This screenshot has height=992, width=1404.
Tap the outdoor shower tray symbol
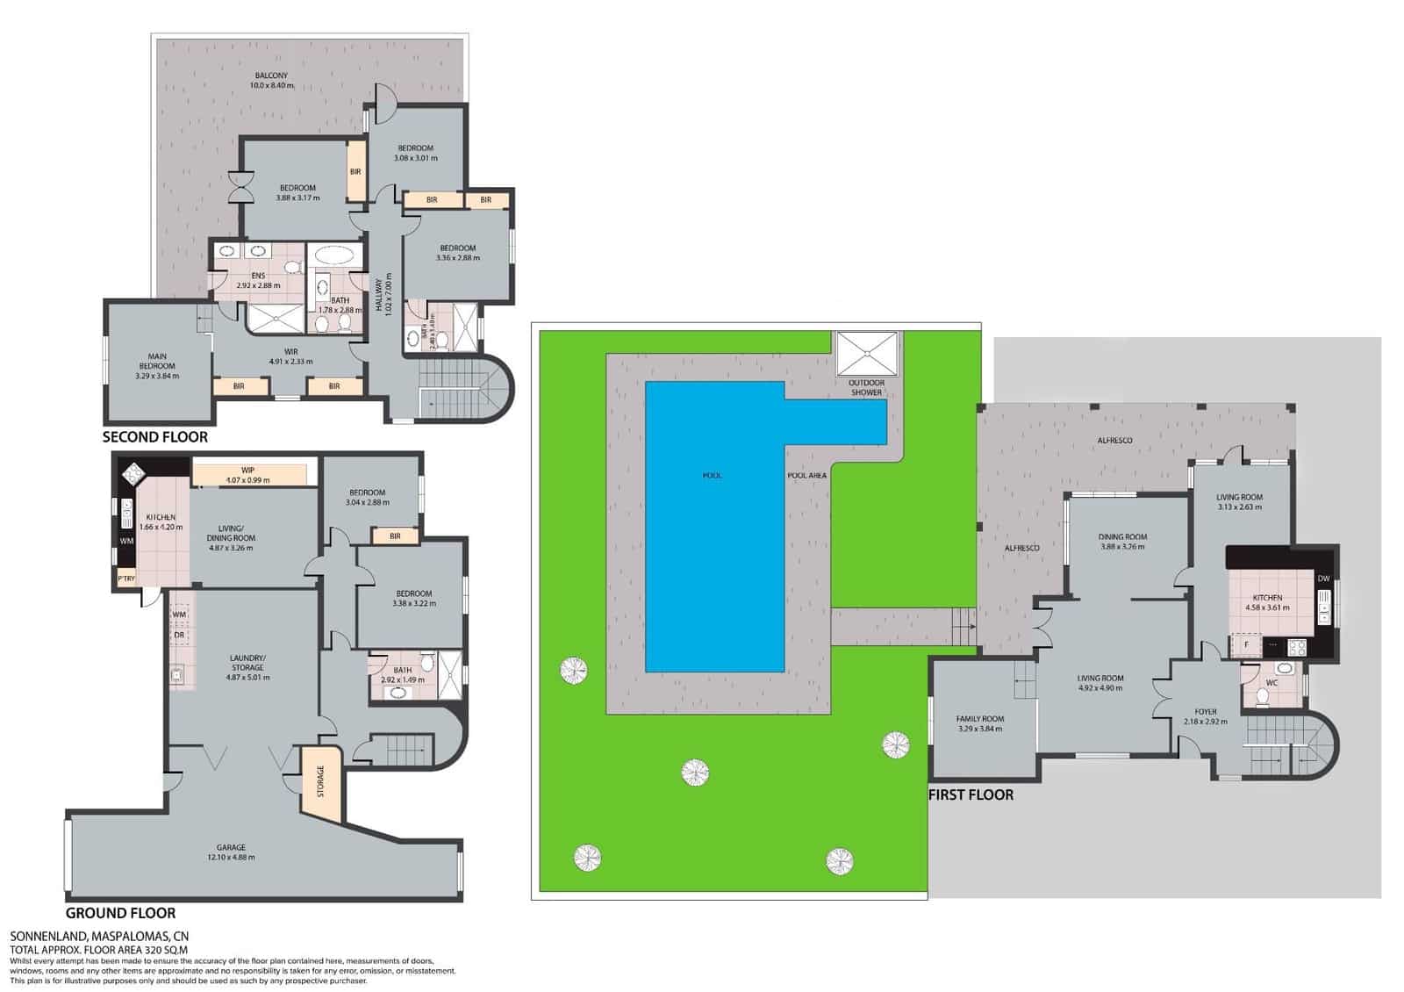point(867,354)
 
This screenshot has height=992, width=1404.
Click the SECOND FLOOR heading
point(155,436)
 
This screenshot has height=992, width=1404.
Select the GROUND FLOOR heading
point(121,913)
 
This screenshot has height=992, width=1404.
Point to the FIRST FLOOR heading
point(971,794)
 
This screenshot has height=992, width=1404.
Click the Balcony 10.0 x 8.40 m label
point(271,81)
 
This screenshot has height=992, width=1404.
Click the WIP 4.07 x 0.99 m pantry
point(249,475)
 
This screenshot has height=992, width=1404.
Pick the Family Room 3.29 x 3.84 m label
point(980,723)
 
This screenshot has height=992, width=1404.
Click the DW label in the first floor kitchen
point(1323,579)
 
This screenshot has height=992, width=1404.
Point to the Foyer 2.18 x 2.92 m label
point(1205,716)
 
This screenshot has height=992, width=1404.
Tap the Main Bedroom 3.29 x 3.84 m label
point(157,366)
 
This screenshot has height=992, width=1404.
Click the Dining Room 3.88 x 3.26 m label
point(1122,542)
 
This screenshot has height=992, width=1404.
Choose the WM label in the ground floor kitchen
point(126,541)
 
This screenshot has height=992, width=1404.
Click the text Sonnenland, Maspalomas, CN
point(98,936)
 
